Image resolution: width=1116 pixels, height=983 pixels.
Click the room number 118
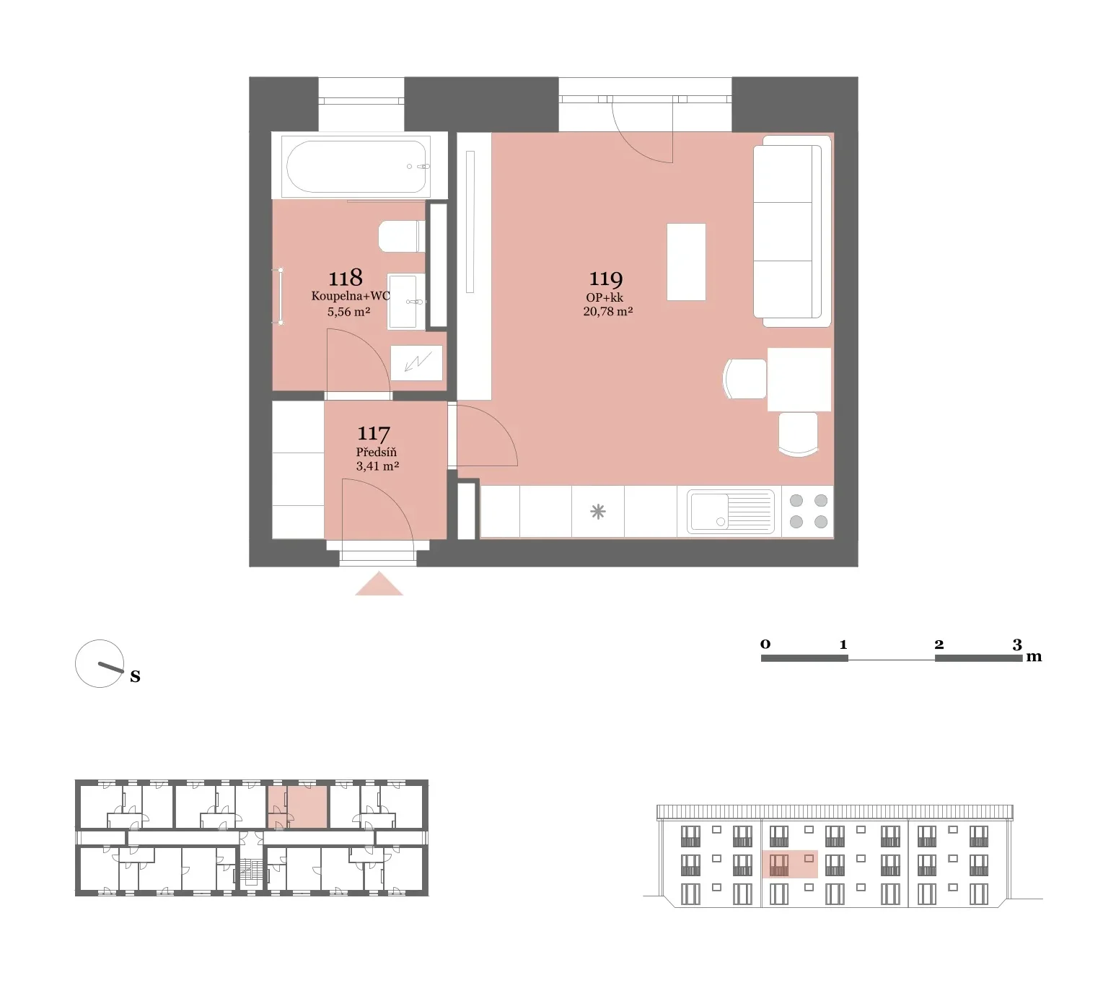pyautogui.click(x=346, y=277)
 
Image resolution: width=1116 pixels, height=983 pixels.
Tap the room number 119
pyautogui.click(x=606, y=279)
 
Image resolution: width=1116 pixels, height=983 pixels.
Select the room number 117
pyautogui.click(x=374, y=434)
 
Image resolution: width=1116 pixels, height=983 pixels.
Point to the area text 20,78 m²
pyautogui.click(x=607, y=311)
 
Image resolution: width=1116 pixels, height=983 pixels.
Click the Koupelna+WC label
pyautogui.click(x=351, y=296)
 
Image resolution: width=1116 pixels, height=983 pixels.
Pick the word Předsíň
pyautogui.click(x=377, y=452)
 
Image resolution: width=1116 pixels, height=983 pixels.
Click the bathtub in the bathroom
pyautogui.click(x=356, y=166)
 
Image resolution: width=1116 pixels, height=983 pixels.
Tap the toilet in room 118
pyautogui.click(x=402, y=236)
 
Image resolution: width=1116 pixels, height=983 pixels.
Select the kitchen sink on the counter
pyautogui.click(x=730, y=512)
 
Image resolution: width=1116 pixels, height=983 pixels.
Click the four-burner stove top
pyautogui.click(x=808, y=511)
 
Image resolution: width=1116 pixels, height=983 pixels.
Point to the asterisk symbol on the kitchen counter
pyautogui.click(x=597, y=512)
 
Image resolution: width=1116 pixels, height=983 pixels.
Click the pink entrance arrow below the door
pyautogui.click(x=379, y=583)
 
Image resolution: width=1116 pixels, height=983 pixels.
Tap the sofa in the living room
pyautogui.click(x=792, y=232)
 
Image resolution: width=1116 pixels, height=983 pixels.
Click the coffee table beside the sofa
pyautogui.click(x=686, y=262)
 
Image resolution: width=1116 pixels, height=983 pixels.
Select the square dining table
pyautogui.click(x=799, y=380)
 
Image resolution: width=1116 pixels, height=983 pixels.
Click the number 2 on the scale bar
pyautogui.click(x=939, y=644)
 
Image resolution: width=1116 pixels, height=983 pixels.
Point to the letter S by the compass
pyautogui.click(x=135, y=677)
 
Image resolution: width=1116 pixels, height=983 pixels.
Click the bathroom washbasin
pyautogui.click(x=406, y=301)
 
